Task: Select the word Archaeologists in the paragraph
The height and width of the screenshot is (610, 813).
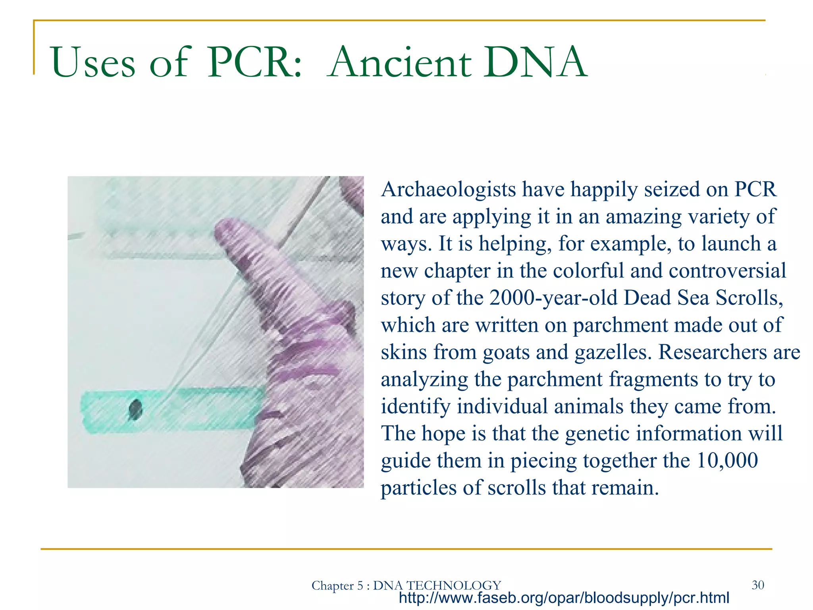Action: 448,190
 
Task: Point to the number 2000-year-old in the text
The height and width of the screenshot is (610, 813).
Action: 553,298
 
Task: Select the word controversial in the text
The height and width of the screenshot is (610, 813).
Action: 727,271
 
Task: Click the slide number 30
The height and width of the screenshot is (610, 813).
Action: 757,585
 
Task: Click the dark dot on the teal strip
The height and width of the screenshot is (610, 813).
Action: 135,409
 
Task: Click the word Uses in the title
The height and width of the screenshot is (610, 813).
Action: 93,63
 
